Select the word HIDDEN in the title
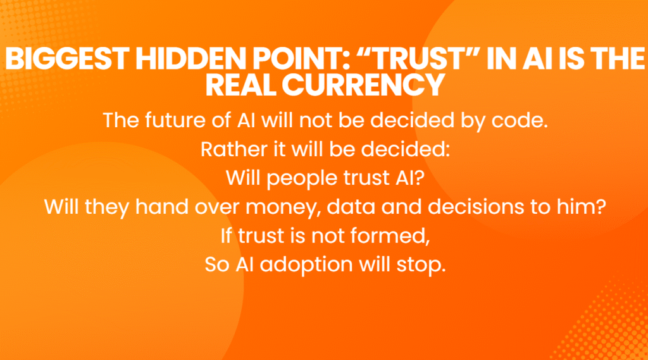[x=191, y=59]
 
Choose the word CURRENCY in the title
[x=363, y=85]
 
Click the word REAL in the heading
[x=241, y=85]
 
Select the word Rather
[x=234, y=149]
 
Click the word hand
[x=162, y=207]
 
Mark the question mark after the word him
[x=601, y=207]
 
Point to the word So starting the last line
[x=217, y=264]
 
